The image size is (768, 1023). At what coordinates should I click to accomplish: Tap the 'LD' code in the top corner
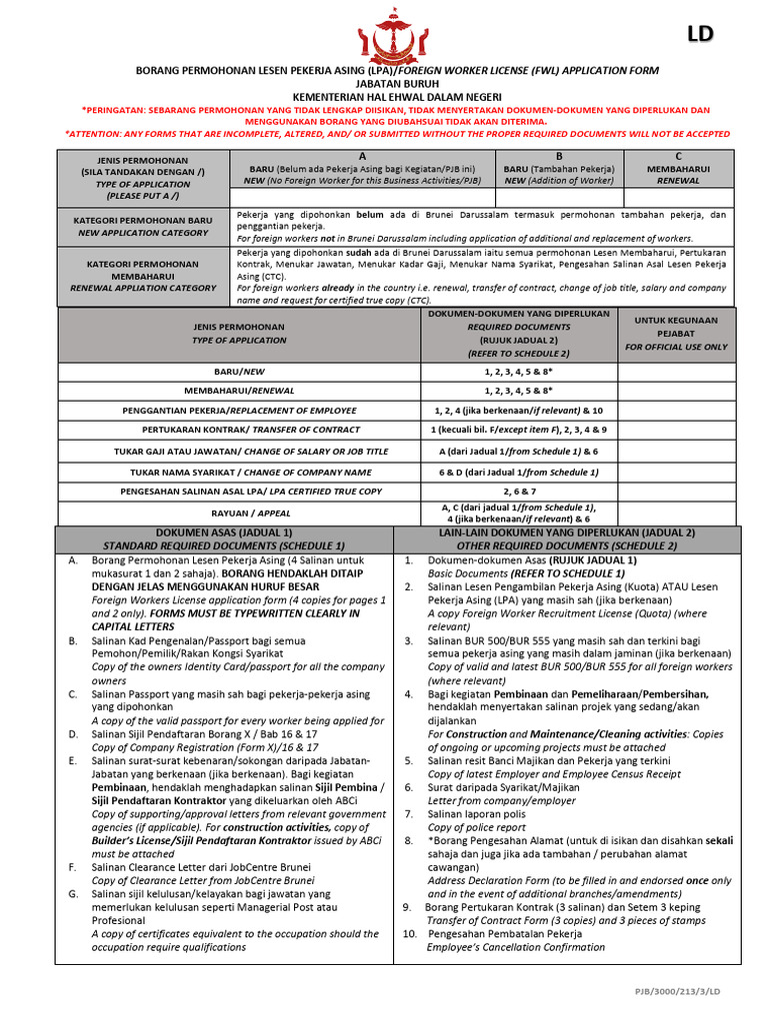click(x=700, y=35)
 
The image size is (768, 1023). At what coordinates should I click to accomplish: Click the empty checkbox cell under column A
click(x=362, y=197)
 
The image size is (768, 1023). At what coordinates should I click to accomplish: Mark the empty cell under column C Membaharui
click(x=678, y=197)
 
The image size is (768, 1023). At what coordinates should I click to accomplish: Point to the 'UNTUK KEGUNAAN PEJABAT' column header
click(x=676, y=333)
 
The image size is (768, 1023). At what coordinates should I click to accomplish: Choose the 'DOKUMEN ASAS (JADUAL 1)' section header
click(x=225, y=533)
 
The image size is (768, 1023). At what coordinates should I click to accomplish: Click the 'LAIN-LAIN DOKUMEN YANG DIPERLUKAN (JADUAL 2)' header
click(x=568, y=533)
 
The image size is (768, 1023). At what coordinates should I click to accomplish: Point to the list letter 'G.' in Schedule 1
click(x=73, y=893)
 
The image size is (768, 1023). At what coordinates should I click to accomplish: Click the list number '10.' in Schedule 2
click(x=409, y=934)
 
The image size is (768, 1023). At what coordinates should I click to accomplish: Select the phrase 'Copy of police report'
click(x=477, y=827)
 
